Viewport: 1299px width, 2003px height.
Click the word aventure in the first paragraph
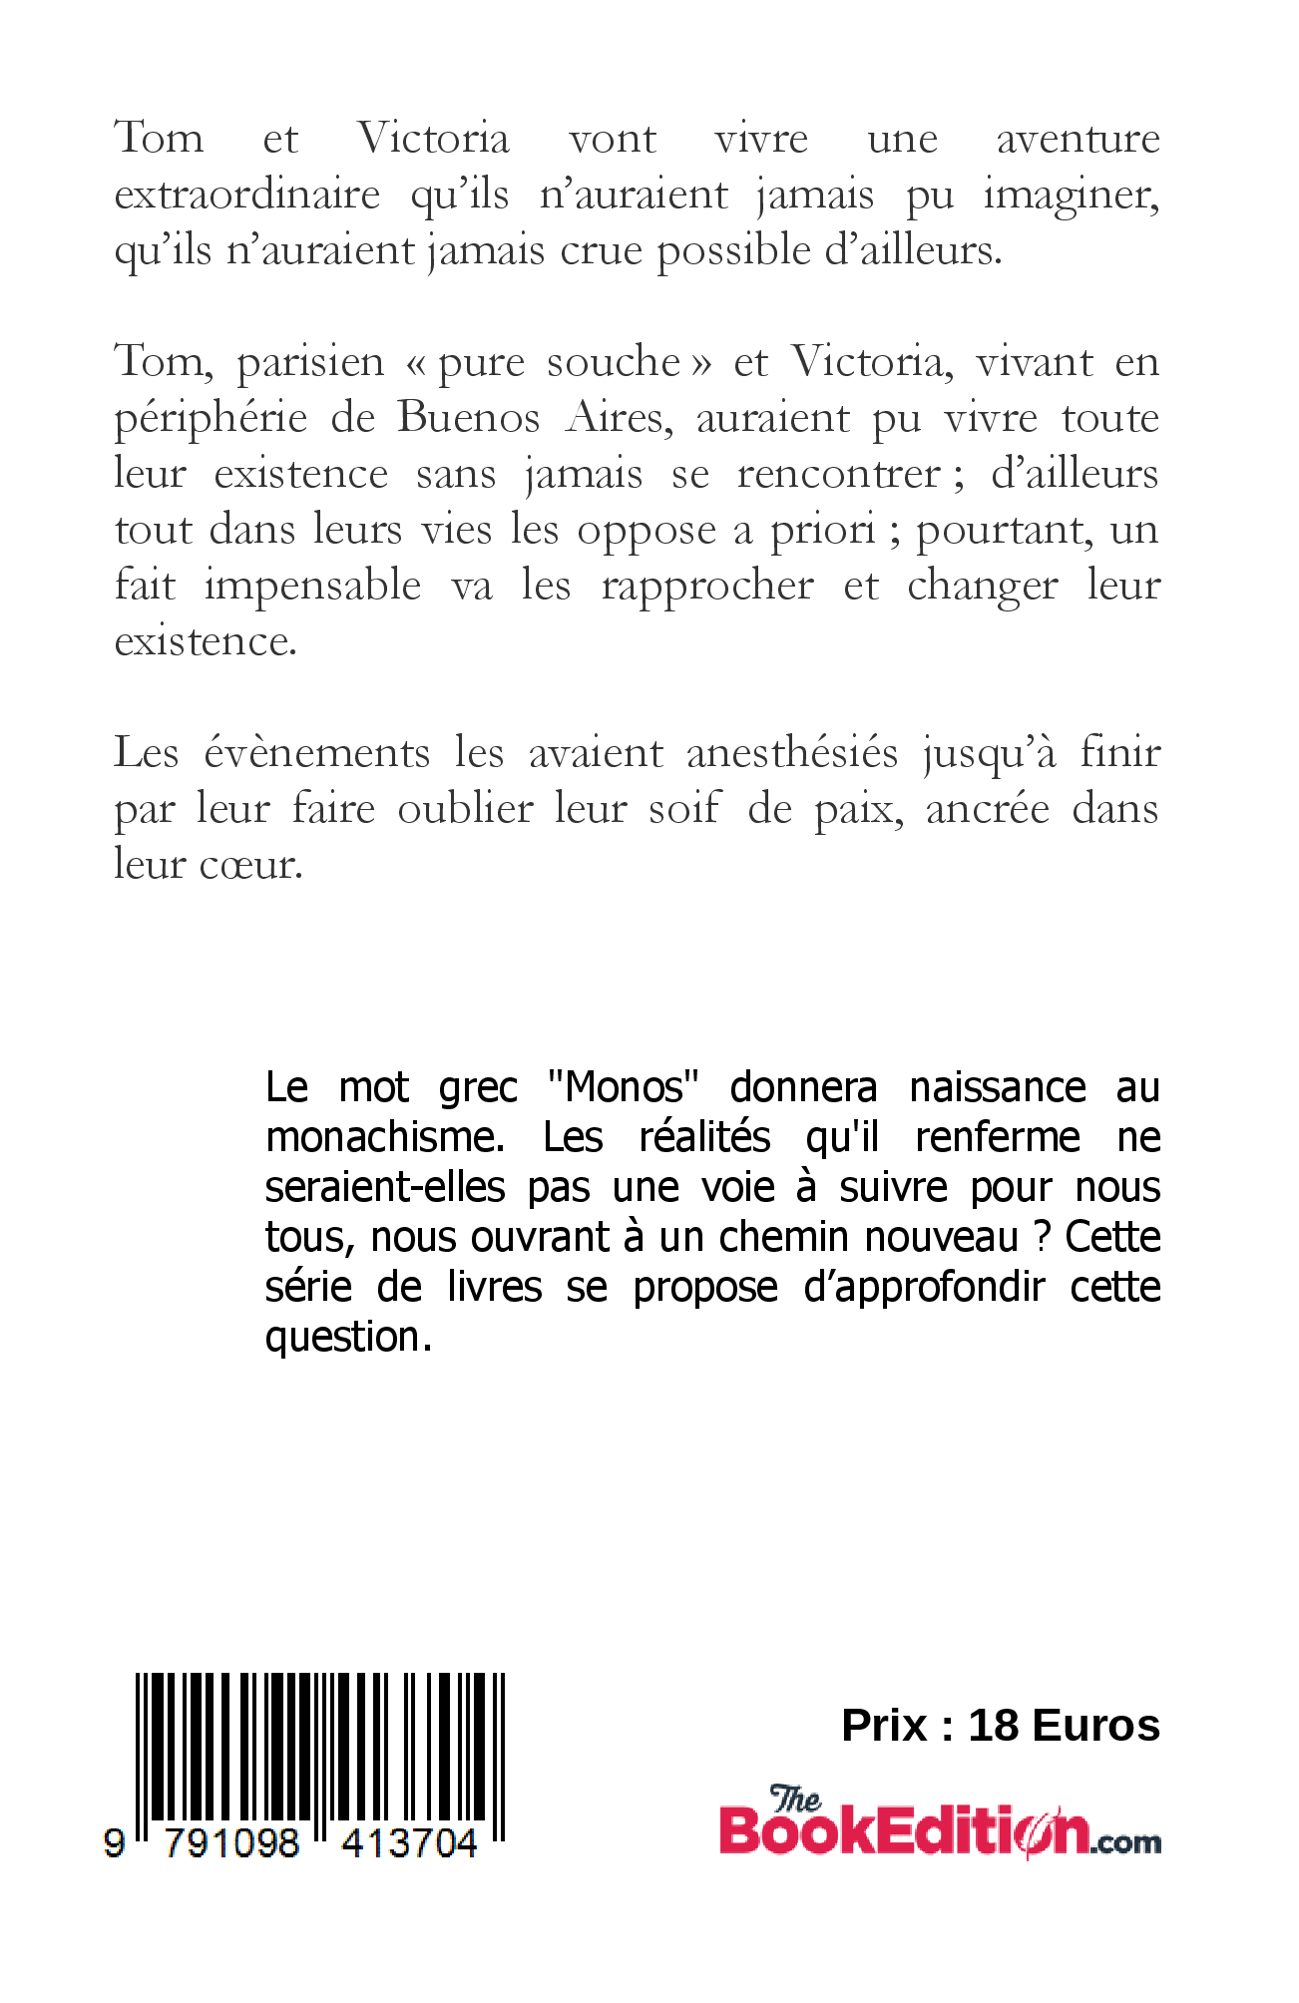pos(1078,139)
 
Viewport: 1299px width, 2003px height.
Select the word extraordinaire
pos(246,195)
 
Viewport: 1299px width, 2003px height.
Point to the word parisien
pos(310,362)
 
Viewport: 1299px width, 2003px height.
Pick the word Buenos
pos(468,417)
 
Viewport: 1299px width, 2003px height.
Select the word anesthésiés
pos(792,753)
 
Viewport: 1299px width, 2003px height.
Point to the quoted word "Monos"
pos(623,1086)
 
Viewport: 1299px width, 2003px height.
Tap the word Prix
pos(885,1725)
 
